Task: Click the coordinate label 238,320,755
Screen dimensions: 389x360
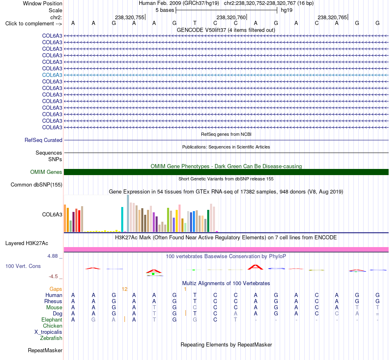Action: click(129, 17)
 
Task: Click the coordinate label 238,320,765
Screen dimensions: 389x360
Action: click(332, 17)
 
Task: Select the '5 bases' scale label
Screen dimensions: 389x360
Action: click(165, 10)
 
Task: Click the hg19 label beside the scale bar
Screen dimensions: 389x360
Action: click(287, 10)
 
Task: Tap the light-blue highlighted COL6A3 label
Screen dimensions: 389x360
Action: click(52, 75)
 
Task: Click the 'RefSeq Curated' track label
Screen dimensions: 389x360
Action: click(43, 140)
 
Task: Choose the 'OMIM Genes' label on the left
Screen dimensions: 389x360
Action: click(46, 172)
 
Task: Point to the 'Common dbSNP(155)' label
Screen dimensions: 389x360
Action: click(36, 185)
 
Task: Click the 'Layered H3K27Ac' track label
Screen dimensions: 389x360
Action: click(27, 243)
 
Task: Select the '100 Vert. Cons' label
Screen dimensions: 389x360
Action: click(23, 266)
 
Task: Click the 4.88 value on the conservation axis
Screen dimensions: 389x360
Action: click(52, 256)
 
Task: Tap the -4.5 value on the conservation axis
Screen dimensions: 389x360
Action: click(53, 277)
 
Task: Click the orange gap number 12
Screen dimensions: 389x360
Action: click(124, 289)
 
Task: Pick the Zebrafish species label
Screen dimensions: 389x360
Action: click(51, 338)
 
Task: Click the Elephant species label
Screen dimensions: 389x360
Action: click(52, 320)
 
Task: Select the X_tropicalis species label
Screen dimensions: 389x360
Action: click(48, 332)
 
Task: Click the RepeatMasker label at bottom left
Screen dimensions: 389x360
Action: click(45, 350)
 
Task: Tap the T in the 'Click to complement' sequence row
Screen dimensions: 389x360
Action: click(195, 23)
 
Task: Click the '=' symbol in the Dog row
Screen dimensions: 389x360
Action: click(378, 314)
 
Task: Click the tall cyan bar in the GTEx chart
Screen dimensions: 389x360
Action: click(122, 219)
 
